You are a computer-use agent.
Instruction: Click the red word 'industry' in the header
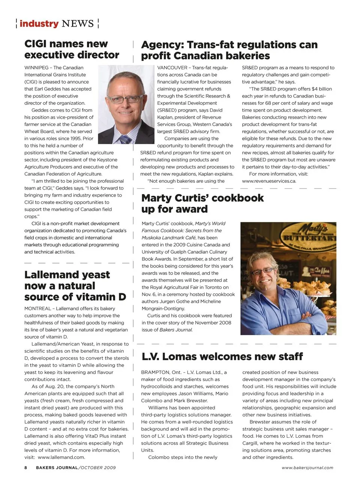(39, 24)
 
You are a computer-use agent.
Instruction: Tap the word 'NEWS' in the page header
(78, 24)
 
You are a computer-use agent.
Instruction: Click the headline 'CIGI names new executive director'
(72, 50)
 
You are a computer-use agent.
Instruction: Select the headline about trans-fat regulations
(229, 50)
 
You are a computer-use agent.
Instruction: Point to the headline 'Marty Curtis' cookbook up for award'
(202, 203)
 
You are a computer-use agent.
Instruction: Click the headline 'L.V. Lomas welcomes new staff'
(222, 357)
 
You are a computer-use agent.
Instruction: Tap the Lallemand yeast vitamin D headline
(75, 286)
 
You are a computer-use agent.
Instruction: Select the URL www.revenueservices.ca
(269, 181)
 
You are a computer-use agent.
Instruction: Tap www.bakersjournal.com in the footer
(307, 468)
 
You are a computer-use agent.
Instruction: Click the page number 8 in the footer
(26, 468)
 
